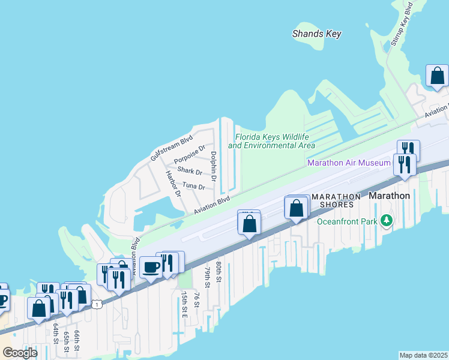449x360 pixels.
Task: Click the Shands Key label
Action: (316, 34)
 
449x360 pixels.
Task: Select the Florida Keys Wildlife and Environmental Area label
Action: (271, 141)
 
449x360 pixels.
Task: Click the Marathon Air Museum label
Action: (349, 163)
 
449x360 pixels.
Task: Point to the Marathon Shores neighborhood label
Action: (336, 200)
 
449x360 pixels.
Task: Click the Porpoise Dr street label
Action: (189, 155)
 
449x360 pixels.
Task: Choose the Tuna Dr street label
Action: (193, 187)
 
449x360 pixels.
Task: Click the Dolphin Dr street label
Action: (213, 166)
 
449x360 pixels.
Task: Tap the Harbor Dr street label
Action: (173, 184)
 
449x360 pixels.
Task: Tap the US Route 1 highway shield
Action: (97, 304)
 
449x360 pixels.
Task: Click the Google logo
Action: (20, 353)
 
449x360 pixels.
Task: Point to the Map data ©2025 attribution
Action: (423, 355)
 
